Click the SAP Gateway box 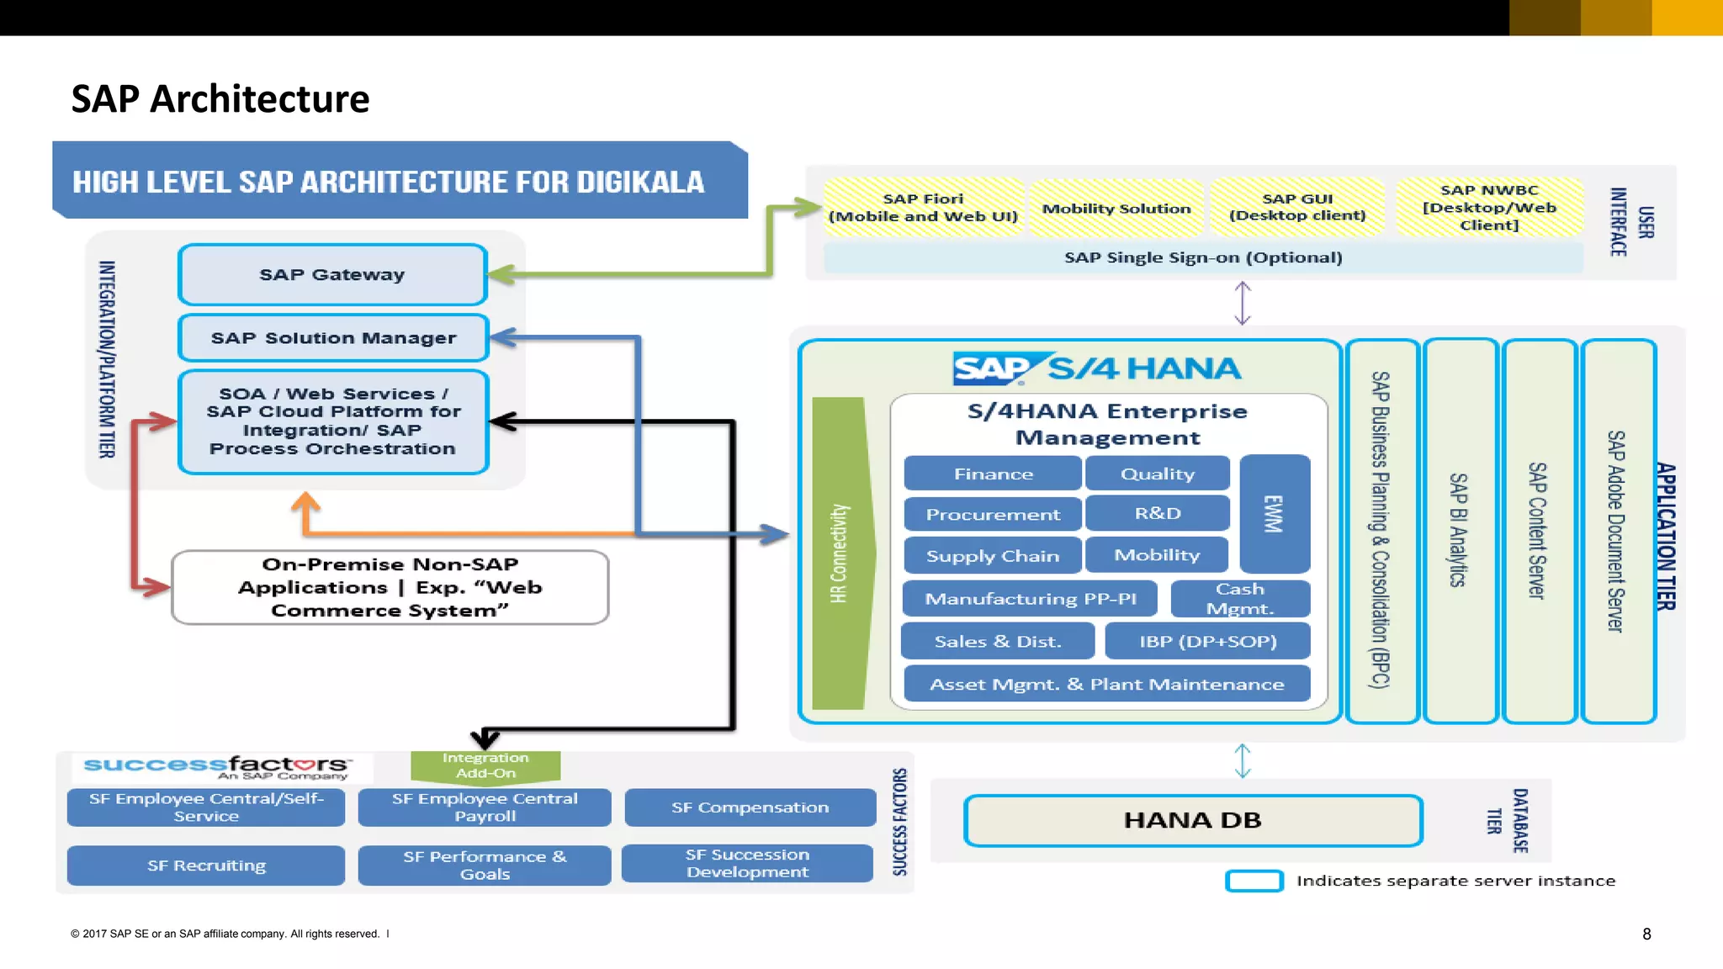[332, 275]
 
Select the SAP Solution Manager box [333, 338]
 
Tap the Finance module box [993, 474]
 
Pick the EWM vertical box [1275, 513]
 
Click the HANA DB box [1192, 820]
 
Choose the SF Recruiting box [206, 866]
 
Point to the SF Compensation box [750, 807]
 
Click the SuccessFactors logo [216, 766]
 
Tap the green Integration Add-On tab [485, 765]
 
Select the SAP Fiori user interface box [923, 208]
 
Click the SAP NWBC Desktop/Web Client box [1489, 208]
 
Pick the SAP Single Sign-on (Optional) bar [1203, 257]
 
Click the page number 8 [1646, 934]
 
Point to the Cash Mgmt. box [1240, 599]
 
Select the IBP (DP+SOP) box [1207, 641]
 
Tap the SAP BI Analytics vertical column [1461, 530]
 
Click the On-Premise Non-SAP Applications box [390, 587]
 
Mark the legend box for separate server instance [1254, 881]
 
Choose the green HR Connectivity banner [840, 553]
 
